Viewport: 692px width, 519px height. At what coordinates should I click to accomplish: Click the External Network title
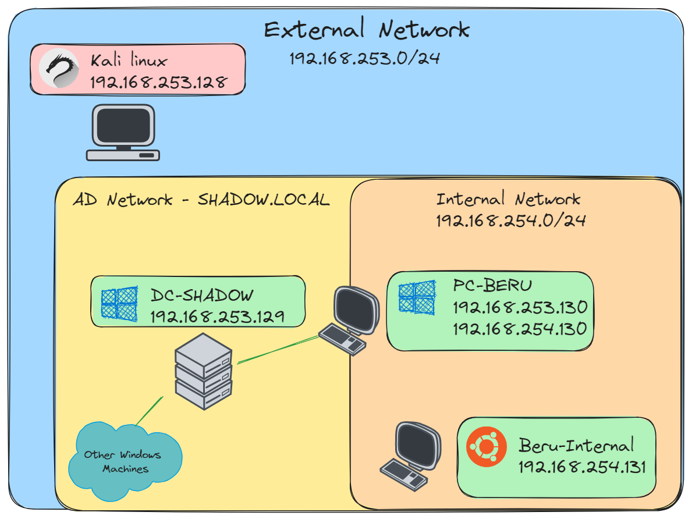pyautogui.click(x=367, y=29)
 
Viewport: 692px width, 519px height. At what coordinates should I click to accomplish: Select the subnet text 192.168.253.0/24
pyautogui.click(x=364, y=58)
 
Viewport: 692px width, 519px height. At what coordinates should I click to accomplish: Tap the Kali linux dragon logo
pyautogui.click(x=59, y=69)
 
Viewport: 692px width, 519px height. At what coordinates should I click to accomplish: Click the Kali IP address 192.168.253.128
pyautogui.click(x=158, y=81)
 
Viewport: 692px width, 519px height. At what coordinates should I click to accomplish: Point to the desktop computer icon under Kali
pyautogui.click(x=123, y=133)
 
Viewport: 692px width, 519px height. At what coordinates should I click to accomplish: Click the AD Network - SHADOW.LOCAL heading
pyautogui.click(x=201, y=200)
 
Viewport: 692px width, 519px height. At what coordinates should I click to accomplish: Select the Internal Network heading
pyautogui.click(x=508, y=199)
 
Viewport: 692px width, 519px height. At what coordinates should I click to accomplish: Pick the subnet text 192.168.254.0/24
pyautogui.click(x=510, y=221)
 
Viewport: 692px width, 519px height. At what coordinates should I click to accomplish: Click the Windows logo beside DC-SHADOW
pyautogui.click(x=119, y=304)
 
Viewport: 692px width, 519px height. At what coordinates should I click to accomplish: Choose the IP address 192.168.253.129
pyautogui.click(x=217, y=317)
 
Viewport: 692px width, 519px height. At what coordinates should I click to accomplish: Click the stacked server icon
pyautogui.click(x=204, y=371)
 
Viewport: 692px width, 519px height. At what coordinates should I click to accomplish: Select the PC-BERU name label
pyautogui.click(x=492, y=286)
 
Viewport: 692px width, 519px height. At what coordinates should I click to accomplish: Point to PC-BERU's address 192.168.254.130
pyautogui.click(x=520, y=329)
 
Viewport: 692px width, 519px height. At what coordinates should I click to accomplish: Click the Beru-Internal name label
pyautogui.click(x=576, y=446)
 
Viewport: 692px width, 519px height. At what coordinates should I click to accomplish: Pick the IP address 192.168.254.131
pyautogui.click(x=582, y=467)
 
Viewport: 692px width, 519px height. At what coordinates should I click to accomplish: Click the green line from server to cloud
pyautogui.click(x=149, y=411)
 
